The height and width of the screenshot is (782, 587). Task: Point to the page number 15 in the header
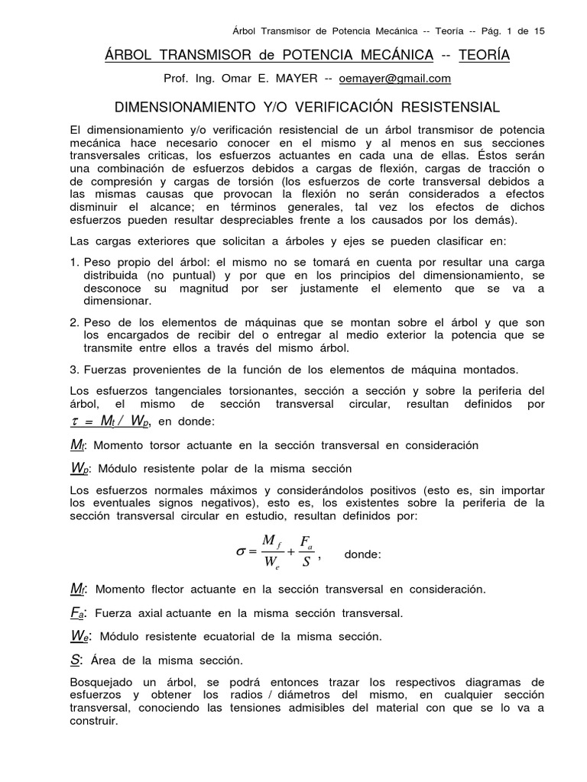538,31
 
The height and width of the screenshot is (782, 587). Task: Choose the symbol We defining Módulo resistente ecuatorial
79,636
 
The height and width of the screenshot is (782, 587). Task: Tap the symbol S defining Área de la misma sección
75,660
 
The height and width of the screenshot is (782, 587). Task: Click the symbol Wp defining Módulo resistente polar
79,468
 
